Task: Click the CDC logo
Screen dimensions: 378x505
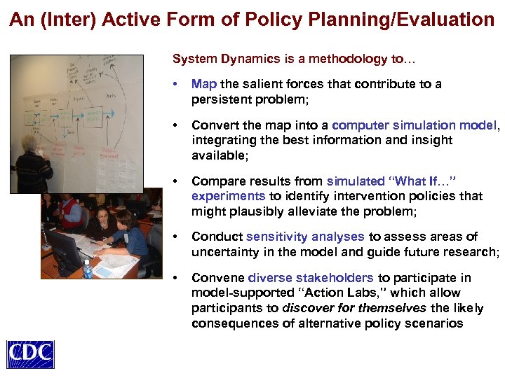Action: point(30,353)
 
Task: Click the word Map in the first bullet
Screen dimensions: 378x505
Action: point(204,85)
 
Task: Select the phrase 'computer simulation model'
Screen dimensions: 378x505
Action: point(415,126)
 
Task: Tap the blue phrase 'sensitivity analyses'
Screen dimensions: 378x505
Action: point(305,237)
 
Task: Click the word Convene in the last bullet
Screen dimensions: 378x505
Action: point(217,279)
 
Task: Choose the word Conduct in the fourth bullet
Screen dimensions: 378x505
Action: point(217,237)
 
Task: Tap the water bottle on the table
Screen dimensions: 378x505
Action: point(88,268)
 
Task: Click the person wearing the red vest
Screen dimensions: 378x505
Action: point(70,210)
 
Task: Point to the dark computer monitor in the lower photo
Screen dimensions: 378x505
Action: point(63,248)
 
